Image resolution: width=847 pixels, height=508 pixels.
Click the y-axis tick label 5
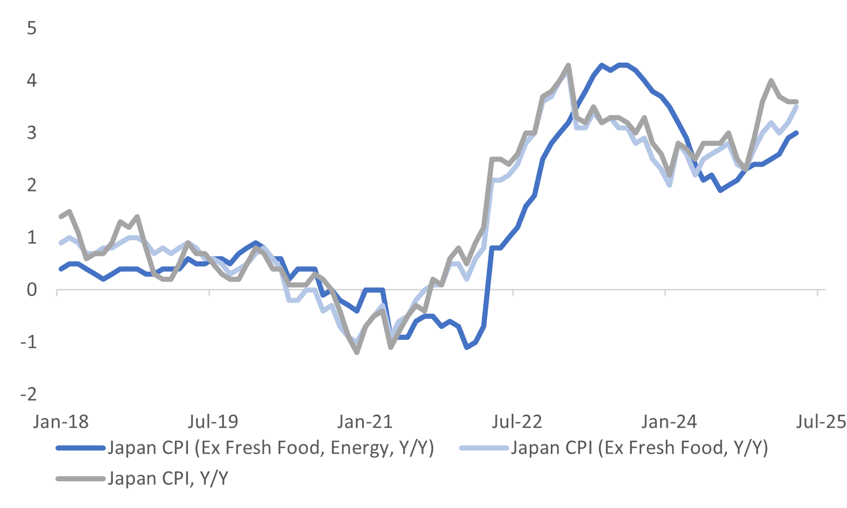(x=32, y=28)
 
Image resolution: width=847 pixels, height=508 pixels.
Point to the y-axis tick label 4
(x=32, y=81)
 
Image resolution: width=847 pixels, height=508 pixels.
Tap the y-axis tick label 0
(x=32, y=290)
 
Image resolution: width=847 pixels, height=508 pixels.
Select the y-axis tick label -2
(x=29, y=394)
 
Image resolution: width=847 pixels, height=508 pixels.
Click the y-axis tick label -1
(x=29, y=342)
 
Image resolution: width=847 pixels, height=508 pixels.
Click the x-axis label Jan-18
(x=61, y=422)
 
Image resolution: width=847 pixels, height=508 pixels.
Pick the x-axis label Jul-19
(x=213, y=422)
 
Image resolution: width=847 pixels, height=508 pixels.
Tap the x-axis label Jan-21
(x=364, y=422)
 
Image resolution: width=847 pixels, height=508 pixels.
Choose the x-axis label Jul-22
(x=516, y=422)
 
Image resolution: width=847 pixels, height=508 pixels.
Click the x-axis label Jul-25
(x=820, y=422)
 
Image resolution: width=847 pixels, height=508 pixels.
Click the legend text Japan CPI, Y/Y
(x=168, y=478)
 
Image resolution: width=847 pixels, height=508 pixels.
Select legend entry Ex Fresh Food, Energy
(x=271, y=448)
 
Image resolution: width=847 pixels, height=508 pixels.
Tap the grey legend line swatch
(x=80, y=479)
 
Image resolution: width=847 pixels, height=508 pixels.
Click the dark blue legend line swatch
(x=80, y=448)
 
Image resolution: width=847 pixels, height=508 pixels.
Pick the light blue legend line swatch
(x=484, y=448)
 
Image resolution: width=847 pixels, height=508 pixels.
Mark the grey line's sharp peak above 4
(x=568, y=65)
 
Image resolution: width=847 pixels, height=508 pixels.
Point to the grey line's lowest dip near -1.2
(x=357, y=353)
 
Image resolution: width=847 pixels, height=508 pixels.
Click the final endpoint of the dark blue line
(x=796, y=133)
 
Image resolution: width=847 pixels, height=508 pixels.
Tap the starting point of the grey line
(x=61, y=217)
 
